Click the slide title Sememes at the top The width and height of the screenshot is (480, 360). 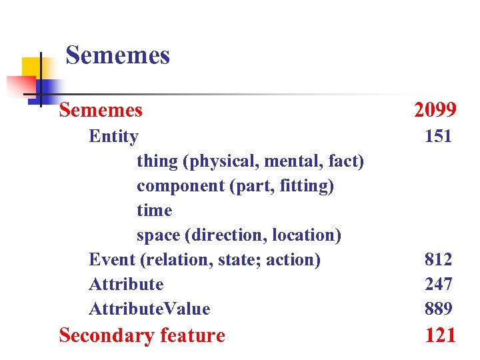[x=118, y=55]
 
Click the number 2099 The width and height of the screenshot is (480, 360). [x=435, y=109]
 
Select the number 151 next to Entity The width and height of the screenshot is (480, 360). [x=439, y=137]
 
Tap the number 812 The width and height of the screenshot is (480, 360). [x=439, y=259]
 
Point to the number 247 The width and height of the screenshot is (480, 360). [x=439, y=284]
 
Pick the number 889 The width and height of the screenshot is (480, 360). [x=439, y=309]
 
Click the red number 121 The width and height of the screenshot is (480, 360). [x=440, y=335]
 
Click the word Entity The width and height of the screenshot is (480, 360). [x=113, y=137]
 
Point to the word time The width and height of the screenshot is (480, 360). [x=154, y=211]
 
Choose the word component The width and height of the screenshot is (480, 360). [x=180, y=187]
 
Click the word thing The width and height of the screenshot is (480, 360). [x=158, y=162]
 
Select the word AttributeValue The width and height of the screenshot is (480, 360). [x=149, y=309]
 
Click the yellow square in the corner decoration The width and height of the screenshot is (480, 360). [x=31, y=68]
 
